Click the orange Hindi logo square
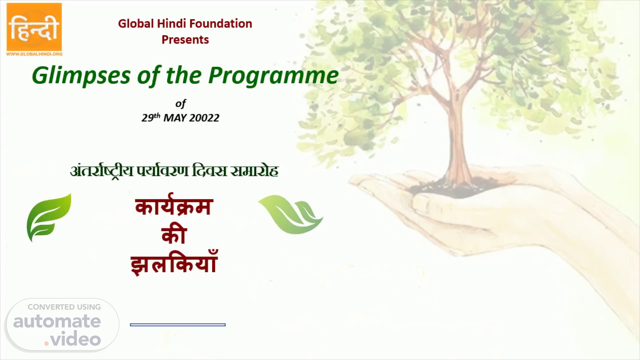click(x=34, y=27)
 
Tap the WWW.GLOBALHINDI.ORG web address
click(x=34, y=54)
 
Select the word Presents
click(x=185, y=40)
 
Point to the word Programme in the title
click(x=273, y=76)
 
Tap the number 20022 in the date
click(x=204, y=118)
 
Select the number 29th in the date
click(x=151, y=117)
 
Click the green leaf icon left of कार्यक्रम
click(x=49, y=217)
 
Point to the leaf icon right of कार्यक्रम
click(x=290, y=215)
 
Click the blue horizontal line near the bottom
click(x=178, y=325)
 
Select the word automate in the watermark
click(x=57, y=321)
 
